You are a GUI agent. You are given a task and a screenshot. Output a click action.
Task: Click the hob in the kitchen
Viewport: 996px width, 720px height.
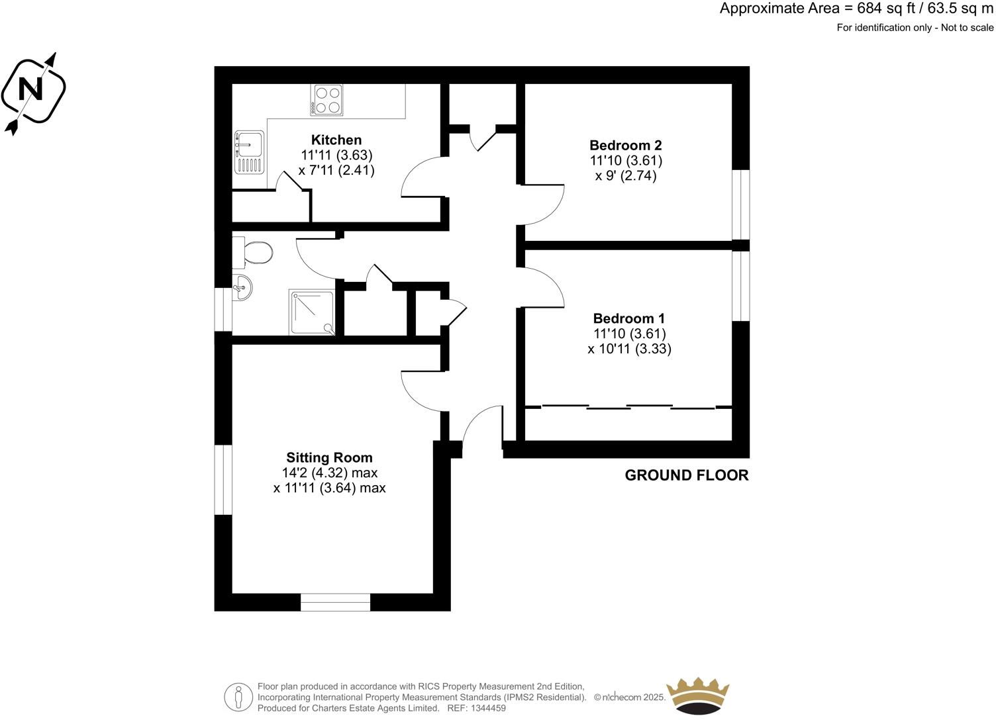click(x=326, y=100)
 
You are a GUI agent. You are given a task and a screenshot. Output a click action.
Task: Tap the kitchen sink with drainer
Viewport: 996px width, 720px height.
click(x=249, y=152)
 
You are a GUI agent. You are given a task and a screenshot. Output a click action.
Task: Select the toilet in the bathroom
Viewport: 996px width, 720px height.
click(x=256, y=251)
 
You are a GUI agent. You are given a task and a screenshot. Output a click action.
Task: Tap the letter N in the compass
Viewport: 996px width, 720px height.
click(x=30, y=89)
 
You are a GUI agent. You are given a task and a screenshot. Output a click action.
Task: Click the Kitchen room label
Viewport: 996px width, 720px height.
click(x=336, y=140)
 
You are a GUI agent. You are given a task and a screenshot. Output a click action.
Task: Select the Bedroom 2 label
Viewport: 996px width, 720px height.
click(x=626, y=145)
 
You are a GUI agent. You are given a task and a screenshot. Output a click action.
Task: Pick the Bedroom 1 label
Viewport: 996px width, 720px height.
click(x=628, y=318)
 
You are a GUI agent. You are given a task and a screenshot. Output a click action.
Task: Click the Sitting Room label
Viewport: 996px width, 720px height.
click(x=329, y=457)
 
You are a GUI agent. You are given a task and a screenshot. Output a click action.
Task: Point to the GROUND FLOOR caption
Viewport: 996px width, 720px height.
click(x=687, y=475)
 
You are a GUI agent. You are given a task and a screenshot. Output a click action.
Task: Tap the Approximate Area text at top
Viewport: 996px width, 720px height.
click(x=856, y=9)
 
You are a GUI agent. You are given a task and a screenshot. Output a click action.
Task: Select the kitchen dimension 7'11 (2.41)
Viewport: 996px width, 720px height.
click(x=336, y=170)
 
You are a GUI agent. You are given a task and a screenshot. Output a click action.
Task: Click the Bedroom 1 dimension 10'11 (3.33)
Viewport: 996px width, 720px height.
click(x=629, y=349)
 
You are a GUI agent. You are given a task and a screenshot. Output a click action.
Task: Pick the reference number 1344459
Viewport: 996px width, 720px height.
click(x=487, y=708)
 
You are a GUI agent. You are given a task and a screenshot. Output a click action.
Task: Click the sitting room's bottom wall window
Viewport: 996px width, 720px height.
click(x=336, y=602)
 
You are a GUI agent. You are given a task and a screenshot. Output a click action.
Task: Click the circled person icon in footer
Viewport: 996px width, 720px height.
click(x=238, y=697)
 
